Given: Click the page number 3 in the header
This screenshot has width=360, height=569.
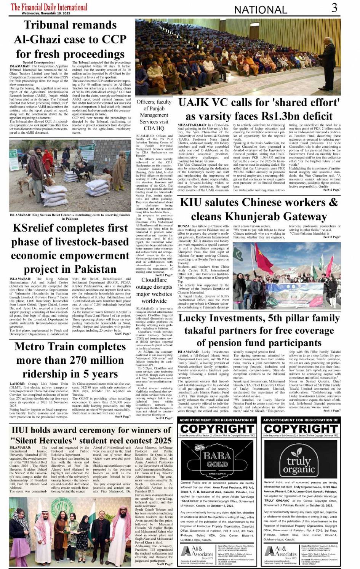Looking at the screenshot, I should [334, 7].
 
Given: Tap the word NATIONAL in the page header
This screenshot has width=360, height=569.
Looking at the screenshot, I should [260, 10].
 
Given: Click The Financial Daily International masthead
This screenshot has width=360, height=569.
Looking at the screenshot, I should [49, 7].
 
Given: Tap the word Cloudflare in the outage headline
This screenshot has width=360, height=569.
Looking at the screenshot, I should [154, 280].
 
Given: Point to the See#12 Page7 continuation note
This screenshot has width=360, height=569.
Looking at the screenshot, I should [332, 190].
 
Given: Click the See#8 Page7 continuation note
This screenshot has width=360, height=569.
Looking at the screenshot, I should [123, 417].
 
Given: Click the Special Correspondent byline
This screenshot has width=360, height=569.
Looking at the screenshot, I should [38, 62].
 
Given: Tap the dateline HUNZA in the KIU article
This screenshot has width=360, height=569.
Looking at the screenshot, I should [184, 226].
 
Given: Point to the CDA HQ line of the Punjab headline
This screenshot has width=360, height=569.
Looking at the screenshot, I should [154, 128].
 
